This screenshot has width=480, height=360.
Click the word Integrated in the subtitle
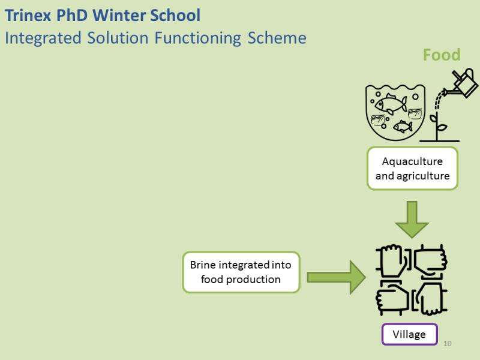[x=43, y=38]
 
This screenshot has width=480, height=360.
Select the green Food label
[x=441, y=55]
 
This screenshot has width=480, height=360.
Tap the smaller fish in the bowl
[x=403, y=126]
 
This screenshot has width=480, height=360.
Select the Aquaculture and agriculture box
[x=412, y=169]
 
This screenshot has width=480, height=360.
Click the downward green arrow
[x=412, y=220]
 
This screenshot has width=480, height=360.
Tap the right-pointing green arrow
[x=336, y=277]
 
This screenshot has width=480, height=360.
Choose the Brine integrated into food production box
[x=241, y=272]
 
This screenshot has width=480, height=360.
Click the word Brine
[x=203, y=265]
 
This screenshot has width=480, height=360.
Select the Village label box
[x=409, y=334]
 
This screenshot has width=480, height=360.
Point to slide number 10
[x=447, y=344]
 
